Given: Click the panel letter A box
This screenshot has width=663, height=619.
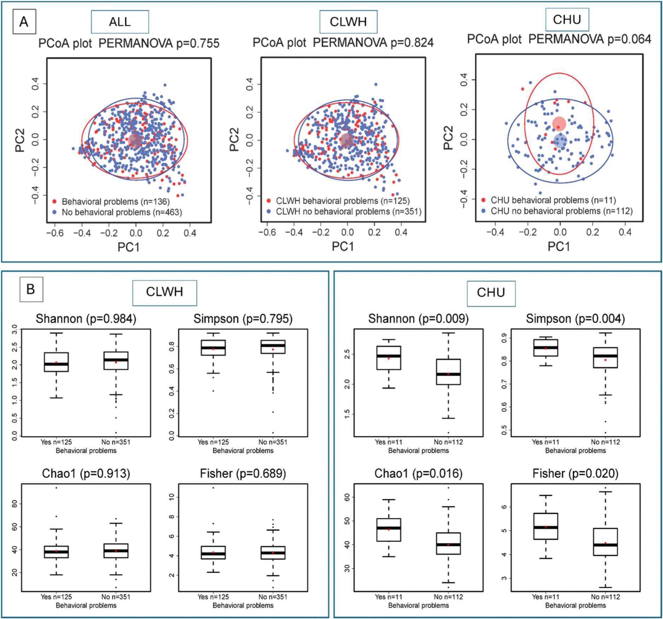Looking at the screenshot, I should [x=24, y=22].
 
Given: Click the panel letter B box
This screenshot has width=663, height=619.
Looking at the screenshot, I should [x=31, y=289].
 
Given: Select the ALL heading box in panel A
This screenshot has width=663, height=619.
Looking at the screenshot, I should [x=120, y=22].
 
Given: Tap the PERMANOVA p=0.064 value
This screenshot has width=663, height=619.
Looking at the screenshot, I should [x=629, y=39].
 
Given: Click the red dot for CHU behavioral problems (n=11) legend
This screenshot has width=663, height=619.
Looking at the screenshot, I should [x=483, y=200].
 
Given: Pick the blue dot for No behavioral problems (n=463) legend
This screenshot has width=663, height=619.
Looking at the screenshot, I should [x=54, y=212].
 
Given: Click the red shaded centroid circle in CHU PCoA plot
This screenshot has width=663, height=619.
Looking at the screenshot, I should [x=559, y=124].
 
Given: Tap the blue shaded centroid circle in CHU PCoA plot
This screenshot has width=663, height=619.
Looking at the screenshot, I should [x=560, y=141].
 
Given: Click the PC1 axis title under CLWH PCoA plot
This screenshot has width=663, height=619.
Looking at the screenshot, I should [x=343, y=246].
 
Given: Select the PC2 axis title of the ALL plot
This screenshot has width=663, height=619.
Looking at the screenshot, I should [x=20, y=140].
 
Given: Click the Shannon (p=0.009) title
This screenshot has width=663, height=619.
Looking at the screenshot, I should [x=418, y=319].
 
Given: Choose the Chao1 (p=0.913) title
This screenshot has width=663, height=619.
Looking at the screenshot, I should [x=86, y=473].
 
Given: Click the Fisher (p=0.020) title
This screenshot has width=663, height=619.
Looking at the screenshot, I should [x=575, y=473].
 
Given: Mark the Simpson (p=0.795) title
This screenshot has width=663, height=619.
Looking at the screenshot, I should [x=243, y=319].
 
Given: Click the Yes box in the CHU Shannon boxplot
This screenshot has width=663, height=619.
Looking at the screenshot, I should [x=389, y=358].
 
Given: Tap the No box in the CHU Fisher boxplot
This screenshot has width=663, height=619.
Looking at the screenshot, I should [x=605, y=542].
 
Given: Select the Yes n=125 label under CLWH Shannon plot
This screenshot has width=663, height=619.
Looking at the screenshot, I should [x=56, y=442].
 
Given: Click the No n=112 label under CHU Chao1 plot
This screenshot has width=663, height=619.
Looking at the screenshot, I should [x=448, y=597].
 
